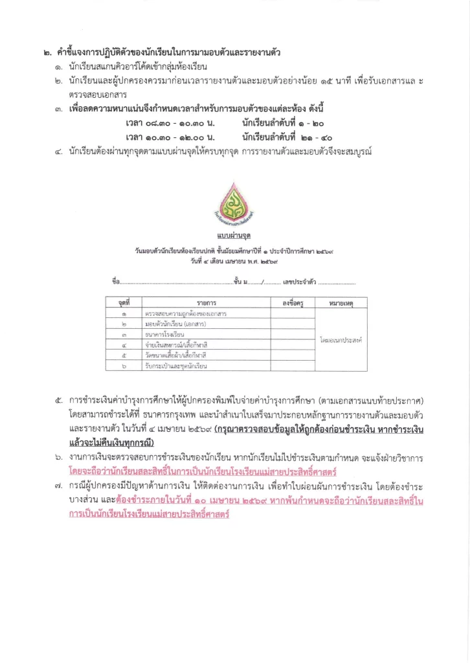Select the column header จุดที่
[124, 303]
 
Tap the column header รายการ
[207, 303]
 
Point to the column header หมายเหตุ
[340, 303]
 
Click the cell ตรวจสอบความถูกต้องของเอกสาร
[185, 314]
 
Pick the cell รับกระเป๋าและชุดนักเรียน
[176, 366]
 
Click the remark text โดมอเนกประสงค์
[340, 339]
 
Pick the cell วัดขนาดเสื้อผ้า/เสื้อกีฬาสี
[177, 356]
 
